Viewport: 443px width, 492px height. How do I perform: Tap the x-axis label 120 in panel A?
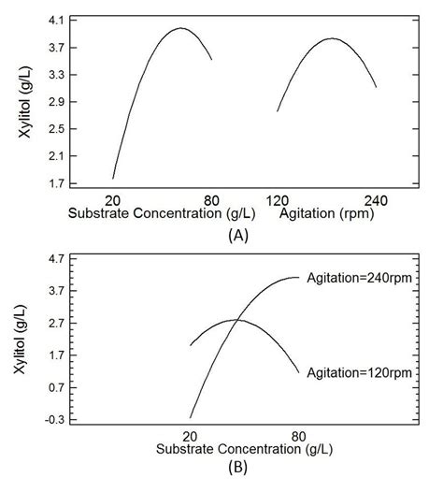point(277,199)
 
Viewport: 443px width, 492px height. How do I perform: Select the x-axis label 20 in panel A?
point(113,199)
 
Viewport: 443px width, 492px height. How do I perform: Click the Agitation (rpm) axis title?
point(322,213)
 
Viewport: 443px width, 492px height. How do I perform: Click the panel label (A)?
point(237,236)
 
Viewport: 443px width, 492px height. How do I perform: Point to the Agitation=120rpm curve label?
point(359,373)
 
